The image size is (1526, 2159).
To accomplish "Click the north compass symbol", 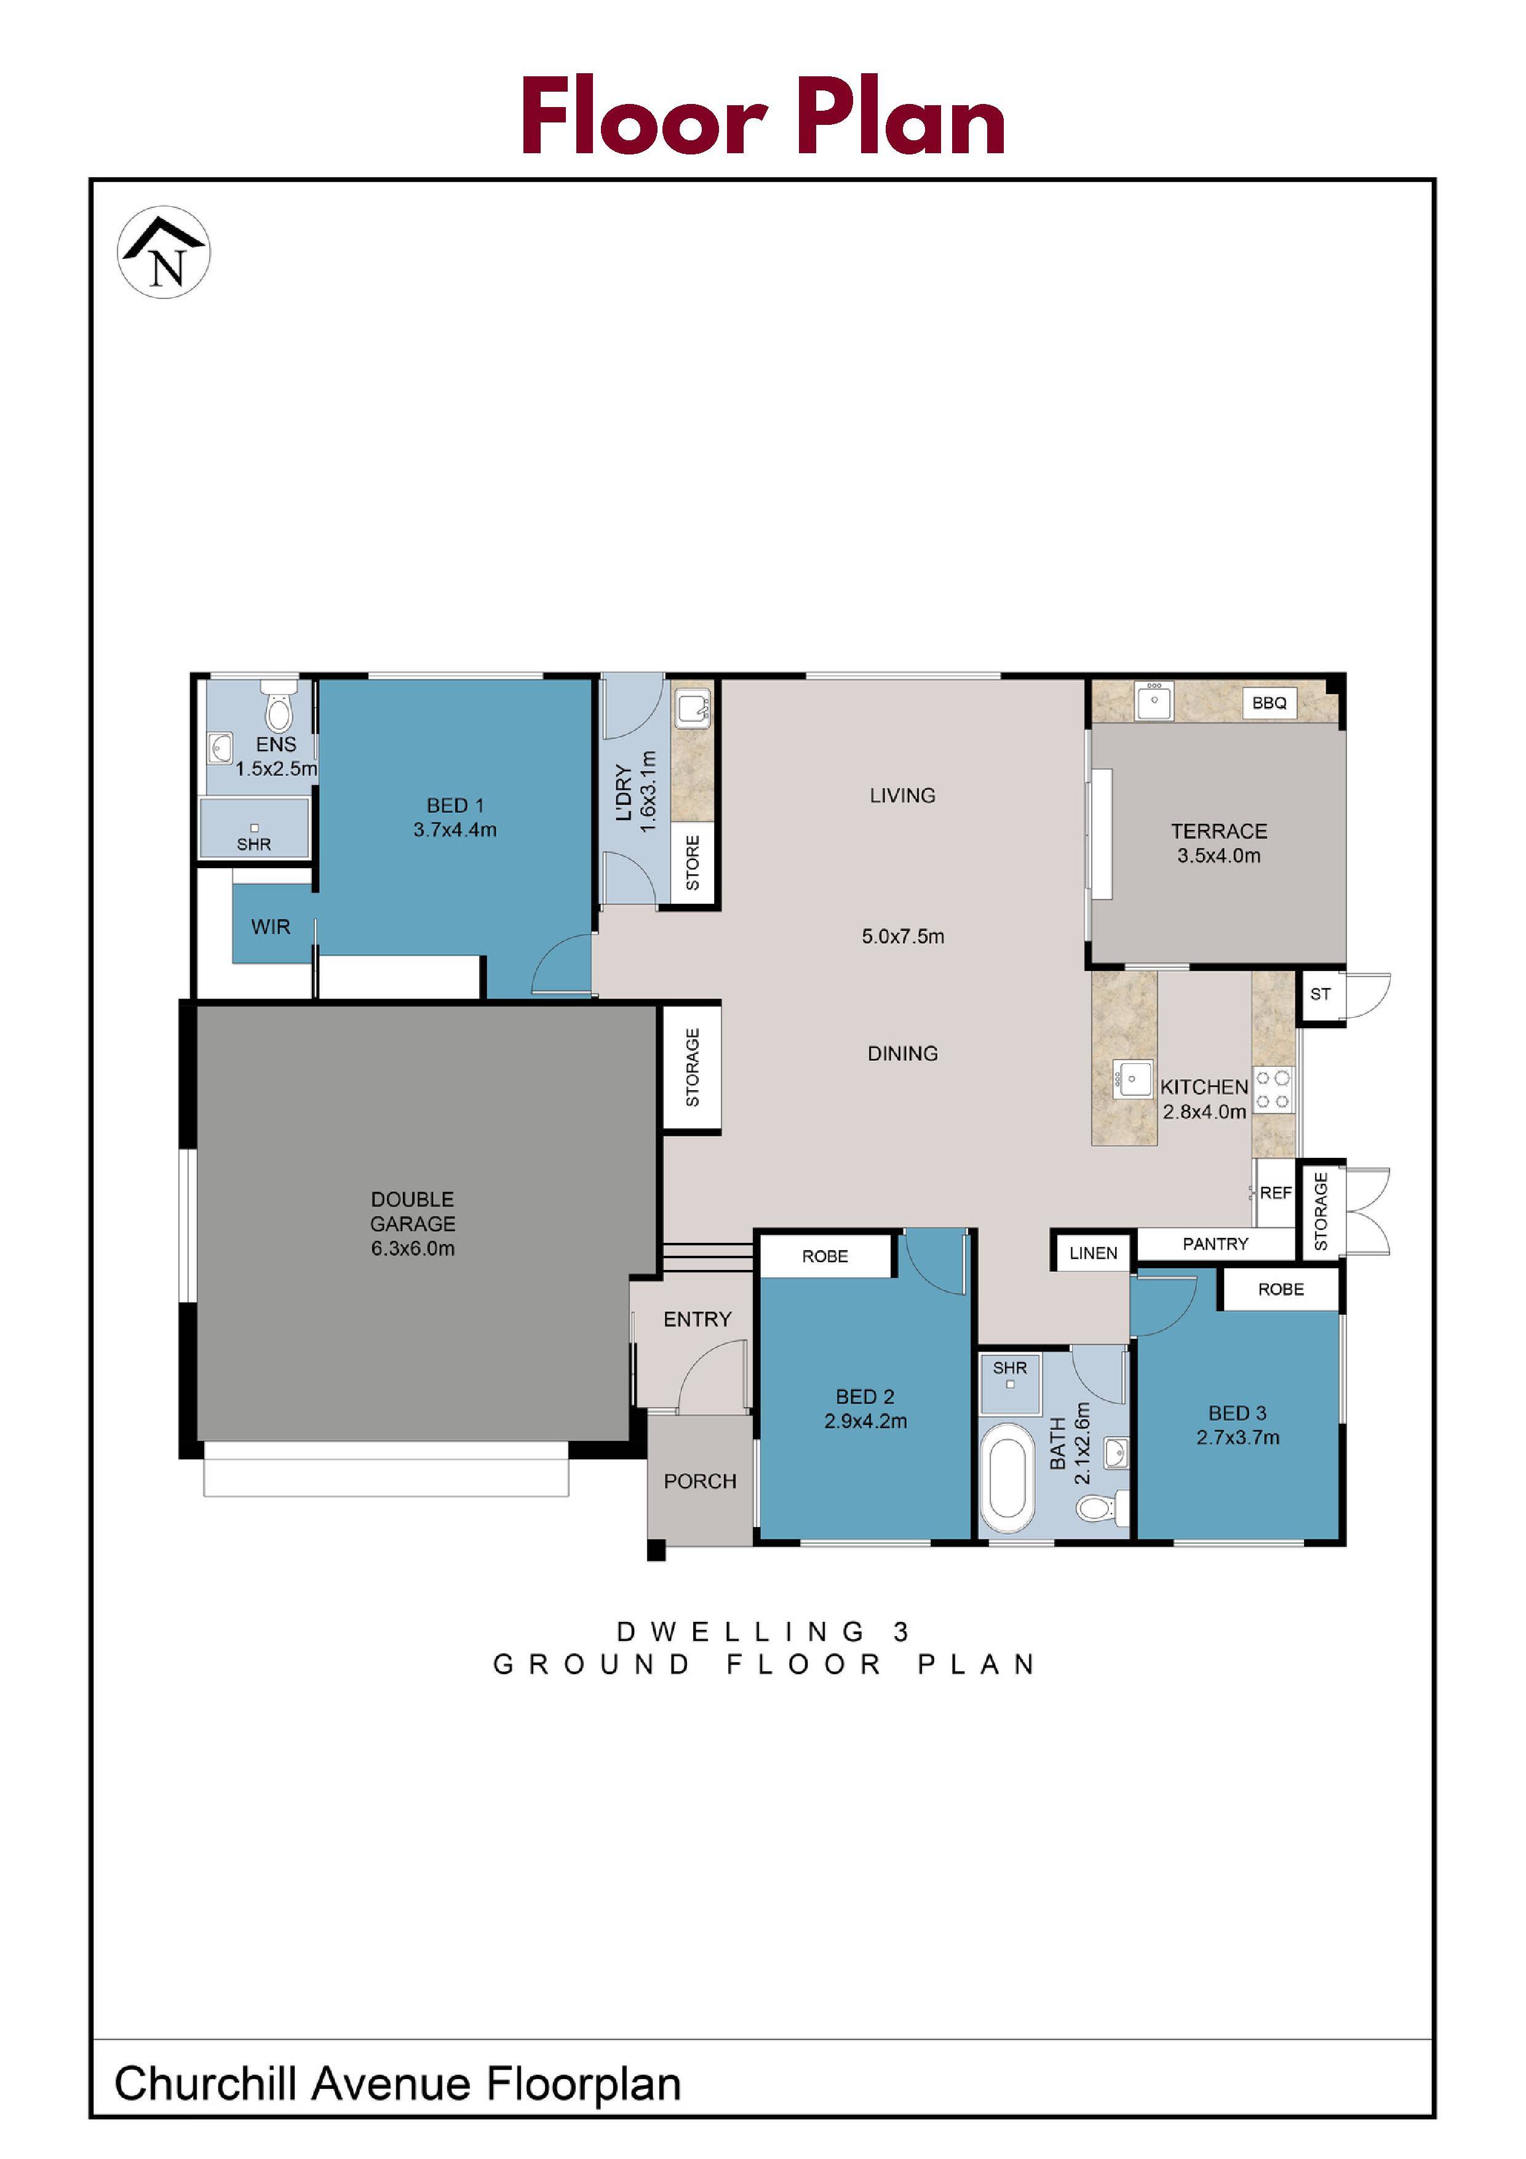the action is click(x=164, y=252).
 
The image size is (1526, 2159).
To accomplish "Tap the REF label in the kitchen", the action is click(x=1275, y=1193).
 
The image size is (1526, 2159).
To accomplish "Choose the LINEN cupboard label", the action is click(x=1094, y=1253).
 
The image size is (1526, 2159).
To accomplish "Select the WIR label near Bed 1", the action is click(x=271, y=927).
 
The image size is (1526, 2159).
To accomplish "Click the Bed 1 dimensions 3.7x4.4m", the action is click(x=455, y=829).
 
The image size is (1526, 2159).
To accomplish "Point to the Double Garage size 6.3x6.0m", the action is click(x=413, y=1249).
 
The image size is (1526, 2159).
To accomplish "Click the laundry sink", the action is click(x=693, y=706).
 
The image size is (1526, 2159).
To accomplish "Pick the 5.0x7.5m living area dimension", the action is click(x=903, y=936).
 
